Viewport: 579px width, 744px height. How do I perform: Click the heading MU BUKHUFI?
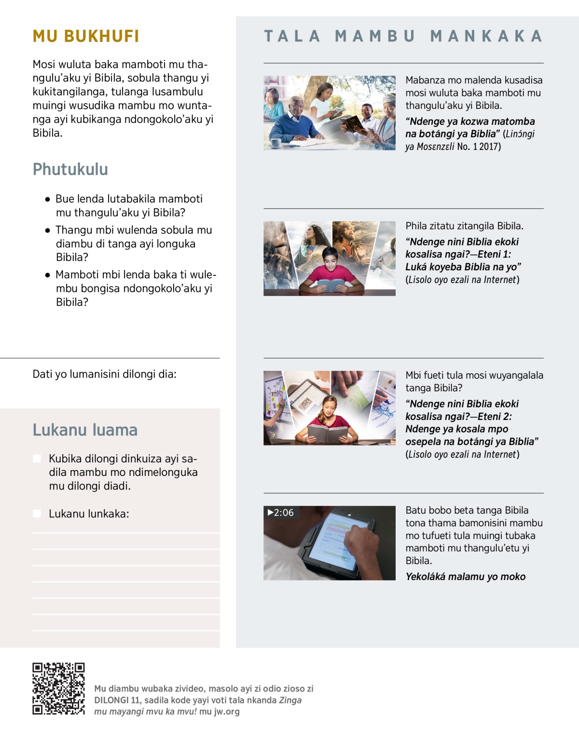point(86,36)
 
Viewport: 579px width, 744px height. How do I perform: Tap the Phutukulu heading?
point(70,169)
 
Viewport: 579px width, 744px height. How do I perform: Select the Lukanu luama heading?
point(85,430)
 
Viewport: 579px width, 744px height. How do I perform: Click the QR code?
point(58,689)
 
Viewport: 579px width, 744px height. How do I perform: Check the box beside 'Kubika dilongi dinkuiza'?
point(37,459)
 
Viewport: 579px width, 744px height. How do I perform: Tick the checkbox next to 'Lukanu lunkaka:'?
point(37,514)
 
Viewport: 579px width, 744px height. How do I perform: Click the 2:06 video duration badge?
point(281,513)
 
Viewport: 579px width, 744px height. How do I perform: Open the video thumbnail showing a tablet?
point(330,543)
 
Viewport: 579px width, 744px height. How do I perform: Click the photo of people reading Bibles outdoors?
point(330,112)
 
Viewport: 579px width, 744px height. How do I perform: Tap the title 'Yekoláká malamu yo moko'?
point(465,577)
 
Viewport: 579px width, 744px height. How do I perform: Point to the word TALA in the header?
point(292,36)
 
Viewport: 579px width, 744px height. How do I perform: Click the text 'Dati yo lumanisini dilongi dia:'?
point(104,374)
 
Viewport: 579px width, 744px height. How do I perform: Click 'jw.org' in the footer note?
point(226,712)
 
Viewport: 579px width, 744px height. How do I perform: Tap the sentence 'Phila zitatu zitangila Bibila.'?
point(464,226)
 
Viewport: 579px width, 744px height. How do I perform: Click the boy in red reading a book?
point(330,270)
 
